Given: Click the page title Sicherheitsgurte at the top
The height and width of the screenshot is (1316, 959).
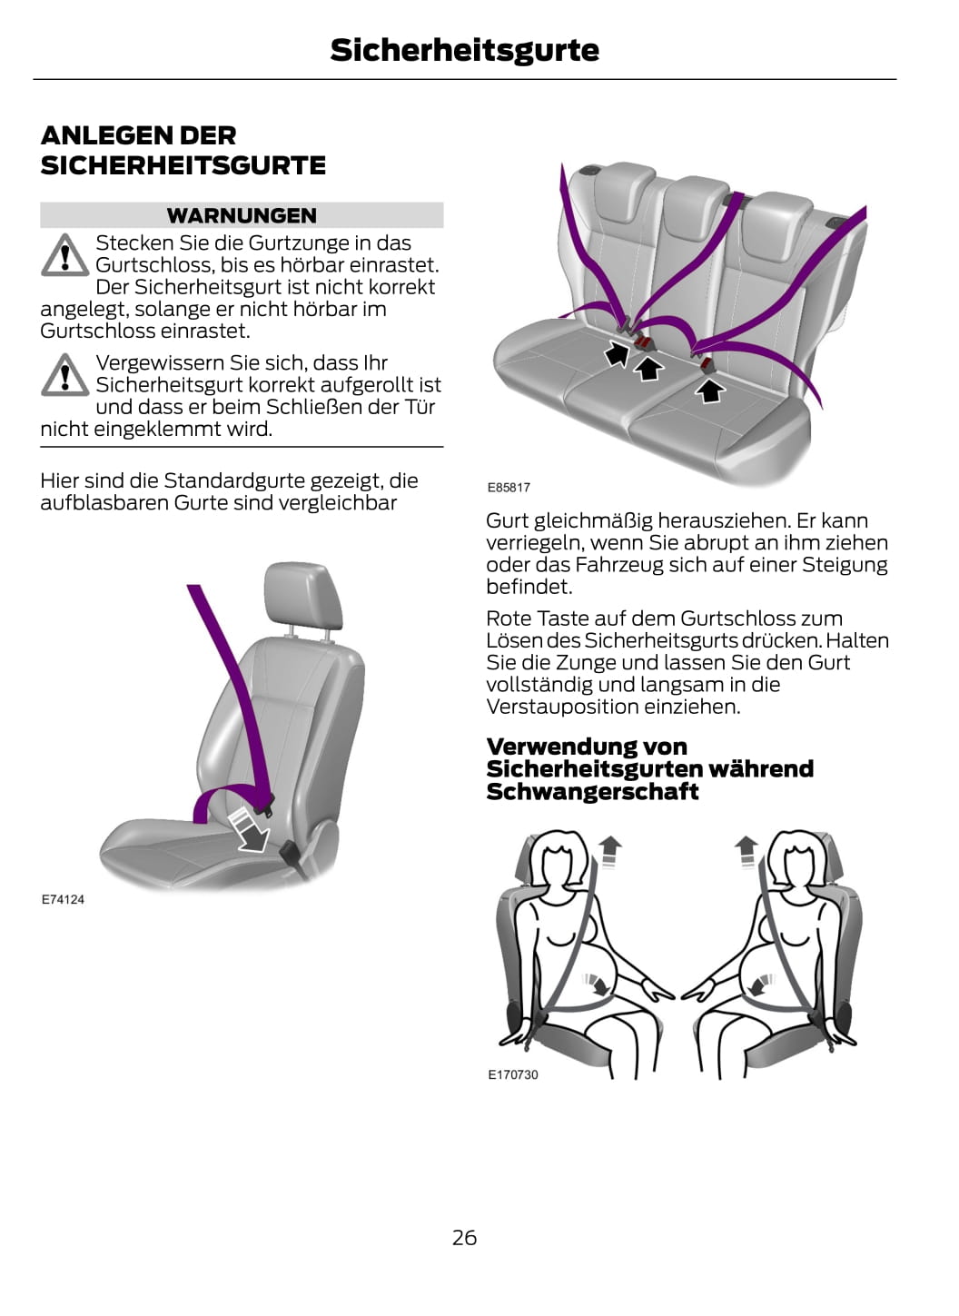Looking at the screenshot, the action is [464, 50].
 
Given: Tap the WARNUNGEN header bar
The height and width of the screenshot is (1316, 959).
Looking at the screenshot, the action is [242, 215].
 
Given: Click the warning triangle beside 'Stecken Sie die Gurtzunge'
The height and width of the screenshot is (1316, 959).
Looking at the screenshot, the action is [64, 255].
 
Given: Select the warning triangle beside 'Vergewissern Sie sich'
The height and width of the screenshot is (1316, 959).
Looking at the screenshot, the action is [64, 374].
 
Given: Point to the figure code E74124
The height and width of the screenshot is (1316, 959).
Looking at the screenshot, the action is [63, 899].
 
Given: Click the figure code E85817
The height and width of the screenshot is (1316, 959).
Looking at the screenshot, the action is [509, 487].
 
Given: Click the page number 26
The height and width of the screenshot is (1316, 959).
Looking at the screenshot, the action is [464, 1238].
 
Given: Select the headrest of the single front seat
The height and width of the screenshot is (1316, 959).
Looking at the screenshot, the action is [302, 596].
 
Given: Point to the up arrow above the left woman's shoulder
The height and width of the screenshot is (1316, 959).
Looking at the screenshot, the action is [610, 851].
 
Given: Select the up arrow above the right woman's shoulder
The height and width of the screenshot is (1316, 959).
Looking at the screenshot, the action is [746, 851].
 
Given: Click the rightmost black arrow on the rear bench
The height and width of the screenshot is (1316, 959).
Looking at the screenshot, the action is [710, 390].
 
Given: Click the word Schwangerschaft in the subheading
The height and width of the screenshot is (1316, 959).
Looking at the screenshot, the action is [592, 792].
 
